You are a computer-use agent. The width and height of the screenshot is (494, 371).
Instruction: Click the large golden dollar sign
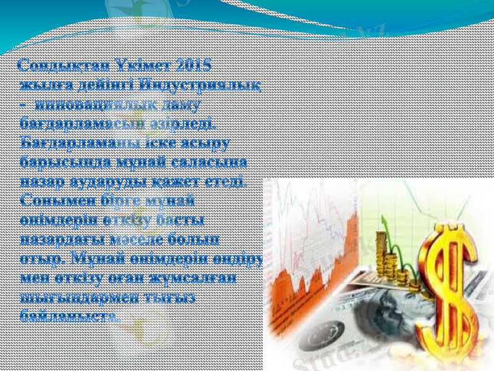[x=454, y=291]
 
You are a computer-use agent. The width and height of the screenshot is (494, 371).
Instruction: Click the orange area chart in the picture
[x=309, y=266]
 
